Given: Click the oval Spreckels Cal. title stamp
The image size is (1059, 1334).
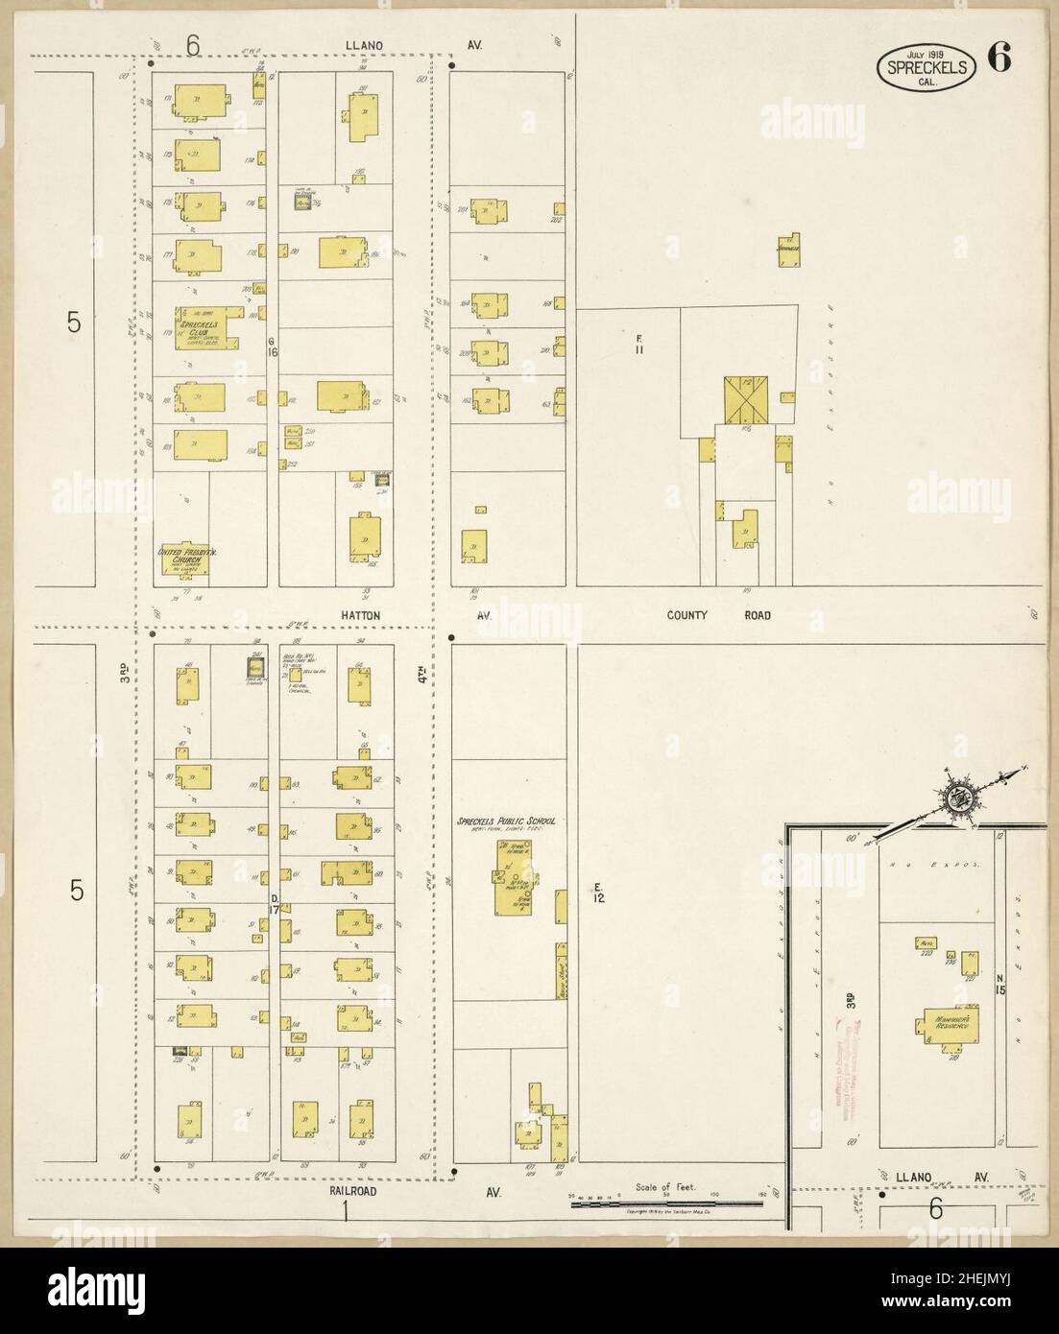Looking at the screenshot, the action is pos(927,67).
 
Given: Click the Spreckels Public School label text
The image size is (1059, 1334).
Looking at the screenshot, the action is pos(507,822).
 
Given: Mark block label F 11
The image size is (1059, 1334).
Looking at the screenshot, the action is pos(638,344).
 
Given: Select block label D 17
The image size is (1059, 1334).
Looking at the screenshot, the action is pos(274,904).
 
